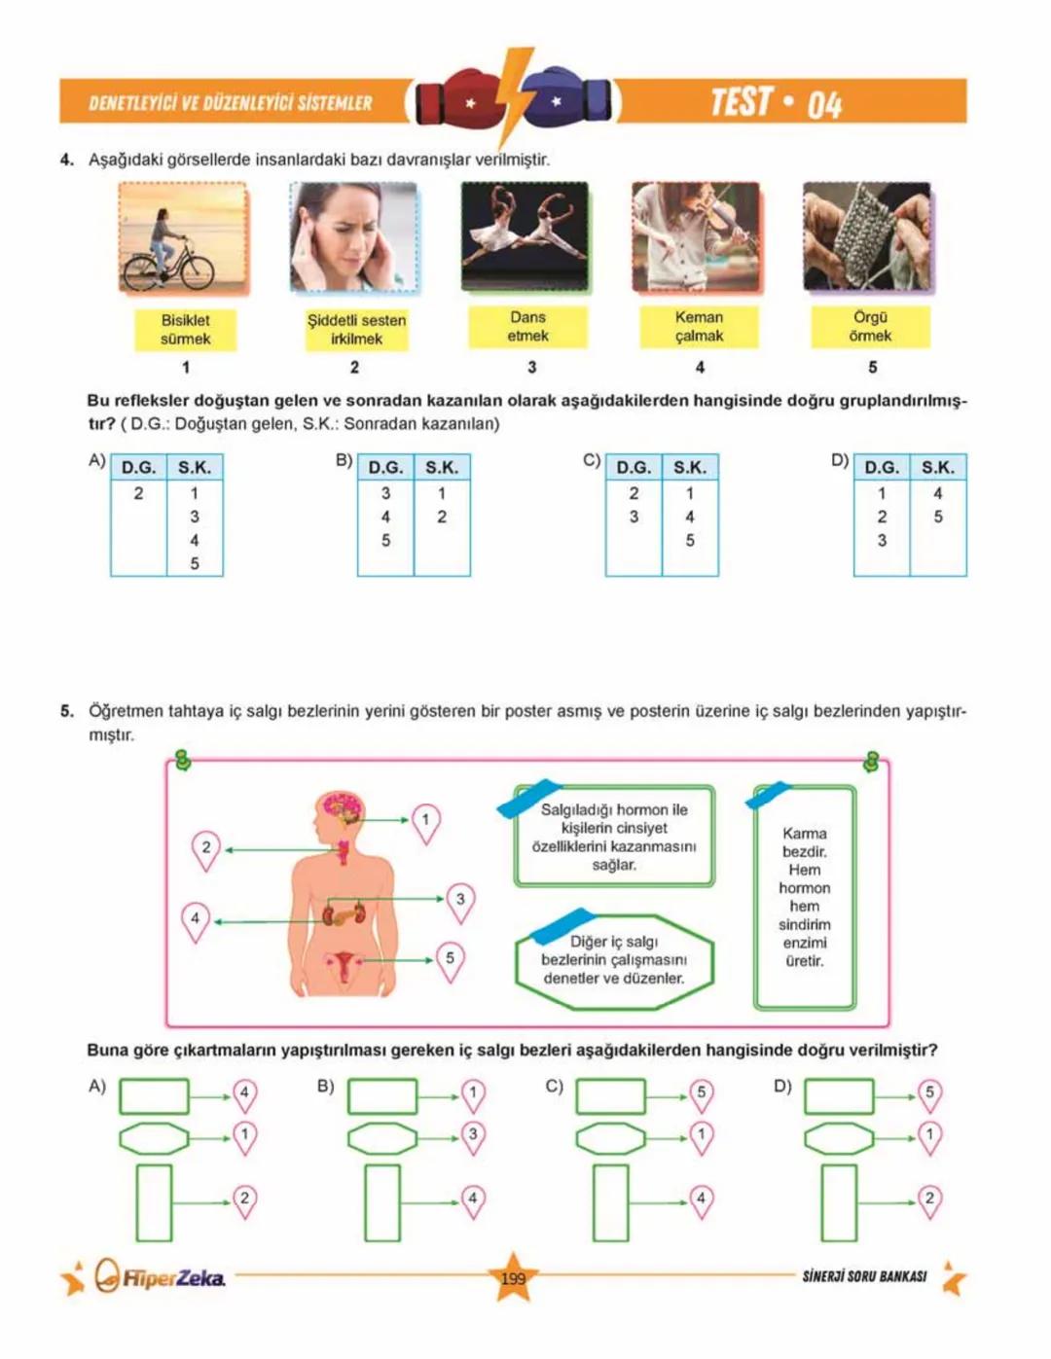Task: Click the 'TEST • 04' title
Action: pyautogui.click(x=776, y=102)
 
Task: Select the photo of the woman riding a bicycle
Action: pyautogui.click(x=182, y=237)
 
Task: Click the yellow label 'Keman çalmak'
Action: pyautogui.click(x=699, y=327)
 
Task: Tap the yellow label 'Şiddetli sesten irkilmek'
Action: pyautogui.click(x=356, y=330)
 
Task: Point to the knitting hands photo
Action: pyautogui.click(x=866, y=236)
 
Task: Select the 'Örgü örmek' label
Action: pyautogui.click(x=870, y=327)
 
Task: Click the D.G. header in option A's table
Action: pyautogui.click(x=138, y=468)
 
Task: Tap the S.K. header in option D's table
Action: pyautogui.click(x=937, y=468)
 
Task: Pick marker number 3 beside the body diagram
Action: pyautogui.click(x=460, y=900)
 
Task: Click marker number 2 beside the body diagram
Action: pyautogui.click(x=205, y=847)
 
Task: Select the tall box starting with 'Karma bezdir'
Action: pyautogui.click(x=805, y=897)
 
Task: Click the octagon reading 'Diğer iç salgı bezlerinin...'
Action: pyautogui.click(x=614, y=960)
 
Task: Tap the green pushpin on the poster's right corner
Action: pyautogui.click(x=871, y=762)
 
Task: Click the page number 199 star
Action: pyautogui.click(x=513, y=1277)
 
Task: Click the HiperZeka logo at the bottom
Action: pyautogui.click(x=161, y=1277)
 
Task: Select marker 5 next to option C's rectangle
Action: pyautogui.click(x=701, y=1093)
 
